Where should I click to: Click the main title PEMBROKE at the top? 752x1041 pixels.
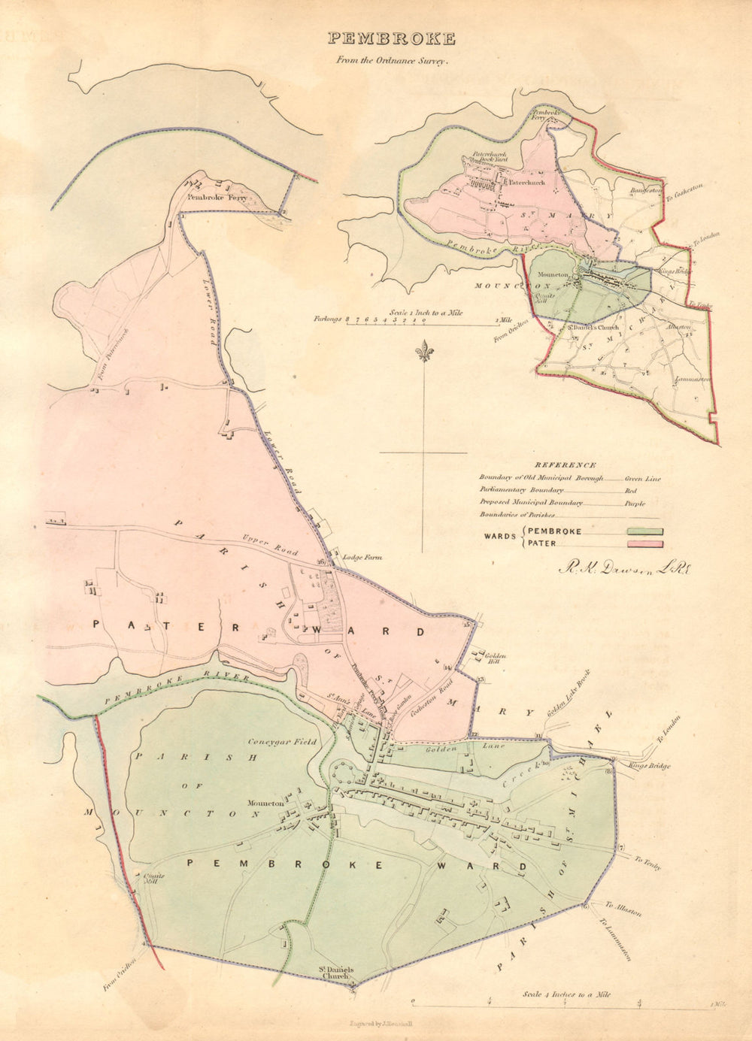391,38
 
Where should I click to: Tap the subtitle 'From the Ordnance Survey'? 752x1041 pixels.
393,62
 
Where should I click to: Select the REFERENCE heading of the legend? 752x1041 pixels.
566,465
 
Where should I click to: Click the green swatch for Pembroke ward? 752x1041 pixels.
645,531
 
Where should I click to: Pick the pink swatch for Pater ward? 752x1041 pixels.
645,543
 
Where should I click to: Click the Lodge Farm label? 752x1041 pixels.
362,558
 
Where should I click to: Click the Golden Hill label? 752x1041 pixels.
490,658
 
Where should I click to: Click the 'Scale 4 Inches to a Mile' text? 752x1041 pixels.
566,994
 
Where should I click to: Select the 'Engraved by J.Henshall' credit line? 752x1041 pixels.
385,1024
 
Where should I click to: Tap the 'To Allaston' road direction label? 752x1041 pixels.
623,909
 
